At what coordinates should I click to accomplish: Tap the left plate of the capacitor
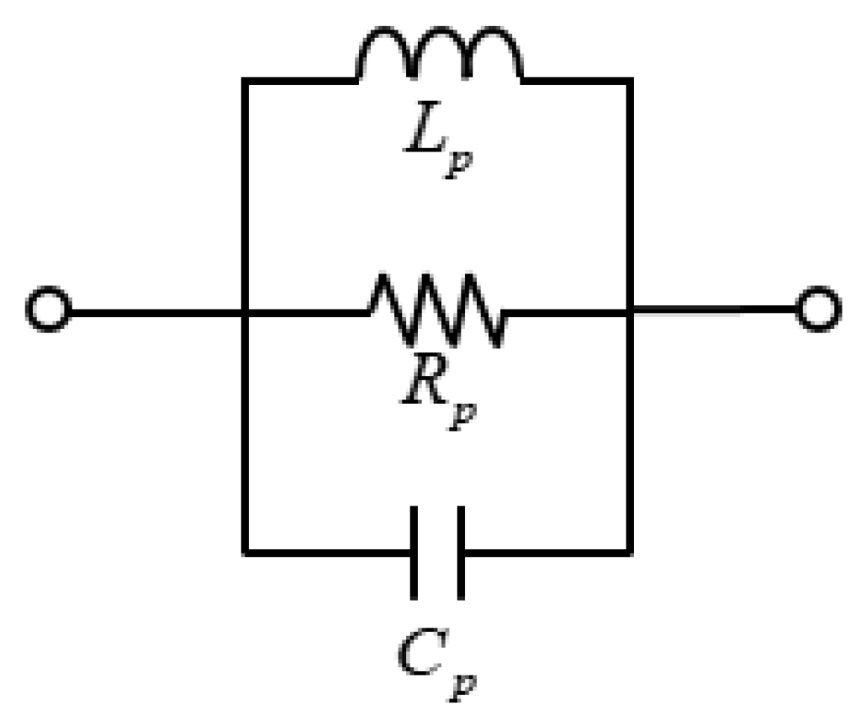click(415, 553)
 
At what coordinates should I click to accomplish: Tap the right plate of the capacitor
click(460, 553)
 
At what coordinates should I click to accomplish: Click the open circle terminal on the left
click(47, 311)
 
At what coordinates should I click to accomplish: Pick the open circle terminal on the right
click(817, 311)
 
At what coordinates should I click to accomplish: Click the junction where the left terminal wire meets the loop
click(244, 312)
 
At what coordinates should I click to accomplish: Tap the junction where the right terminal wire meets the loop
click(631, 312)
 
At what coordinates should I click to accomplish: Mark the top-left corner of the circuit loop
click(244, 80)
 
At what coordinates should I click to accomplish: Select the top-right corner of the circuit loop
click(631, 80)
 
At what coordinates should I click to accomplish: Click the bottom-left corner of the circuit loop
click(244, 553)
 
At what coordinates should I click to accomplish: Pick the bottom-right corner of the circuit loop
click(631, 553)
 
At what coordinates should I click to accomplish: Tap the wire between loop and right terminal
click(715, 312)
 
